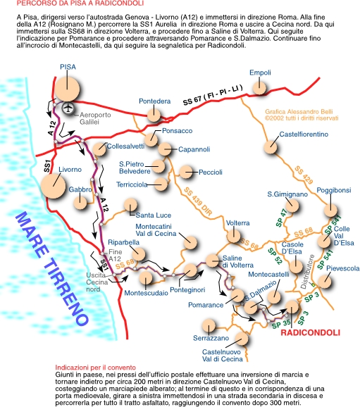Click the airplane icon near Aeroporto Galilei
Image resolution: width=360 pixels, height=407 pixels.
[68, 108]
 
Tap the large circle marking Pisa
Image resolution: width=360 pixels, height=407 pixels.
[67, 89]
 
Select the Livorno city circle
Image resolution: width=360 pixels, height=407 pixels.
[53, 186]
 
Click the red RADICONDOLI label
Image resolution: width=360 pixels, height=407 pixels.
[311, 332]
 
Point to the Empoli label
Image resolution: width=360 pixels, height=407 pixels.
[260, 73]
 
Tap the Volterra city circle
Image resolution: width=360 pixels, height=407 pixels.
[233, 236]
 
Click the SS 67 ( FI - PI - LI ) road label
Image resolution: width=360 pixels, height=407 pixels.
[213, 95]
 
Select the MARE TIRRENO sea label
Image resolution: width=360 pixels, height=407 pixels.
[52, 269]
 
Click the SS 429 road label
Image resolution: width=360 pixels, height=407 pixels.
[304, 175]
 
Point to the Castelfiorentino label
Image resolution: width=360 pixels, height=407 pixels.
[304, 134]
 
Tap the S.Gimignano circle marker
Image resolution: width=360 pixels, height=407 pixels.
[292, 206]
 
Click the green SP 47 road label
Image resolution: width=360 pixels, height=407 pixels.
[281, 218]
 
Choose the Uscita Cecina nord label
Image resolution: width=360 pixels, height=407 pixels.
[97, 282]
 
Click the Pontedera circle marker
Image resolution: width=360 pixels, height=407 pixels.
[154, 115]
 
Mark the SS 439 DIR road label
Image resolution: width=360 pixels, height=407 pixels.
[198, 201]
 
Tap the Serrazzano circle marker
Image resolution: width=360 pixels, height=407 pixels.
[209, 326]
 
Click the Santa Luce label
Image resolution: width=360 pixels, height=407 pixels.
[154, 215]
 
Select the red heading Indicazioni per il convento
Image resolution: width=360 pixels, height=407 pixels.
[95, 368]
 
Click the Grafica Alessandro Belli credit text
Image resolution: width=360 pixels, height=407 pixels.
[302, 115]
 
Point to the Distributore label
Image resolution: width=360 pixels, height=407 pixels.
[307, 272]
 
